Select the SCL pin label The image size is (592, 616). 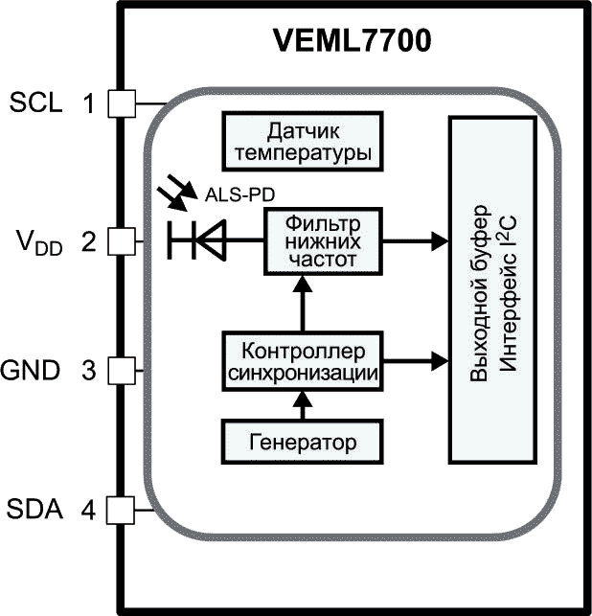point(36,102)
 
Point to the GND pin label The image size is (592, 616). point(36,370)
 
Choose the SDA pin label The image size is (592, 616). point(36,510)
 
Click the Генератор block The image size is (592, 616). point(303,443)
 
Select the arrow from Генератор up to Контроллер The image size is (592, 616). point(303,405)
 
